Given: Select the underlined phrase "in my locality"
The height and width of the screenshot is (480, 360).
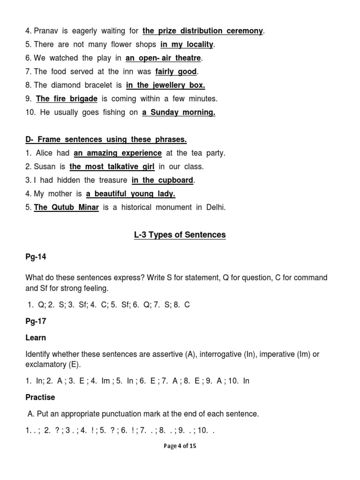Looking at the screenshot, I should [x=187, y=45].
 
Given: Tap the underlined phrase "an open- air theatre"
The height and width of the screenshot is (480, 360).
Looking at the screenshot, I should [x=163, y=58].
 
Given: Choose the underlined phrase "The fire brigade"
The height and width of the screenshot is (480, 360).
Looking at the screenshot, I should [x=67, y=99].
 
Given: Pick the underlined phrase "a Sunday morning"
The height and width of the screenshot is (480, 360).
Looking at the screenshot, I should [x=179, y=112].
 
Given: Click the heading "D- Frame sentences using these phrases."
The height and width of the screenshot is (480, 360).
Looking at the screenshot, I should [x=106, y=139].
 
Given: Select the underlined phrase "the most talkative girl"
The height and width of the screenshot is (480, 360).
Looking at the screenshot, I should [x=112, y=166].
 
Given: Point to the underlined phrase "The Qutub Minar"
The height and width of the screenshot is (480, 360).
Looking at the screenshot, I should [x=66, y=207].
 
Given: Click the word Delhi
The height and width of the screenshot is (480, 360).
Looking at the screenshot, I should [x=215, y=207].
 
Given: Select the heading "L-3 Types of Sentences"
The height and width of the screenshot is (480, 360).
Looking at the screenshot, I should [x=180, y=235].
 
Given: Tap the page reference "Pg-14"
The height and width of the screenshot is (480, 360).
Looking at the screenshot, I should [x=36, y=257].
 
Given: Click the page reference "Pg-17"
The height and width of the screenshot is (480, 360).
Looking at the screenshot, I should [x=36, y=322].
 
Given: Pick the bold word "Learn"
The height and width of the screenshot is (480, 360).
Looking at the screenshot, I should [x=36, y=338].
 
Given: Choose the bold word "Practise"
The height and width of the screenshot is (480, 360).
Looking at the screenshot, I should [x=40, y=397].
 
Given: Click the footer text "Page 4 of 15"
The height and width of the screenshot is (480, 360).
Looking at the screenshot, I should [x=180, y=446].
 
